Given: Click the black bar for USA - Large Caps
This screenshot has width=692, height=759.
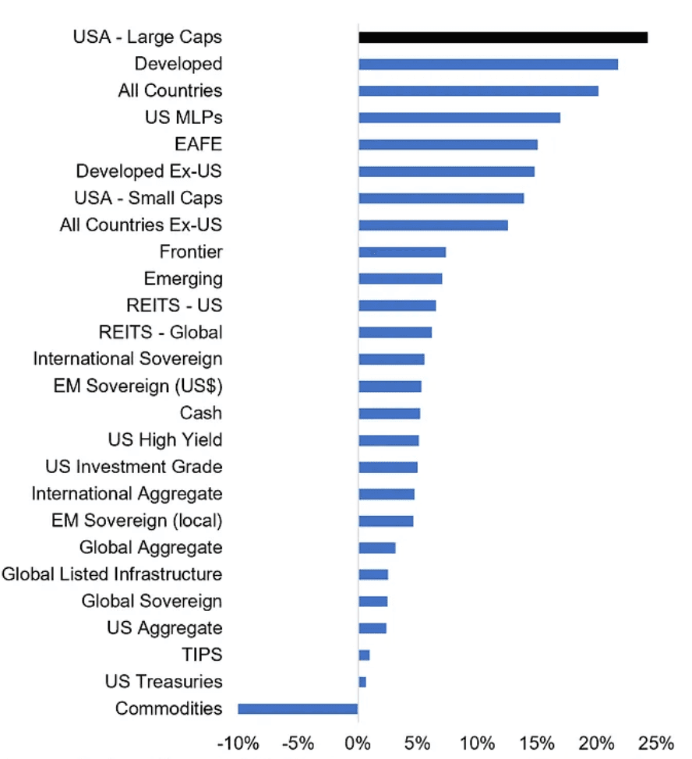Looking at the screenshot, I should click(x=503, y=37).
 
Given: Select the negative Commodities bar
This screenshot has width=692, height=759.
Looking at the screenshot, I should click(x=298, y=708).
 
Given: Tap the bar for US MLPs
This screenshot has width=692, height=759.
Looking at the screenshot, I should click(x=459, y=118).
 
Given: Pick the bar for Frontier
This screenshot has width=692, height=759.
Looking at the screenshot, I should click(x=402, y=252).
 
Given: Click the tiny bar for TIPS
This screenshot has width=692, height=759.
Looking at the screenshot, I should click(x=364, y=655).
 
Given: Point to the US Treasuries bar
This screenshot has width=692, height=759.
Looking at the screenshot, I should click(x=362, y=682).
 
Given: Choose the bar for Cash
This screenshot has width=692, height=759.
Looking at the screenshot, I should click(x=389, y=413).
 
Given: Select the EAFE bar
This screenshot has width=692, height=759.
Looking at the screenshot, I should click(x=448, y=144).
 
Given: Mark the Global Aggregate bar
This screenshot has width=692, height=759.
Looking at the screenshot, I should click(x=377, y=547).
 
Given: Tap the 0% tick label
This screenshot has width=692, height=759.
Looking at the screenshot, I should click(x=358, y=743).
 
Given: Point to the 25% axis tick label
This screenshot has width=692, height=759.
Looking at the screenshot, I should click(x=655, y=743).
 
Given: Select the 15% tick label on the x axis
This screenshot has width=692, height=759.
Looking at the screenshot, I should click(x=536, y=743).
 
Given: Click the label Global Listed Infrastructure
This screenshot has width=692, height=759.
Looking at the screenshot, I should click(x=111, y=574).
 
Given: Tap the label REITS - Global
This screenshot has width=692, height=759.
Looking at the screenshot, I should click(x=161, y=332).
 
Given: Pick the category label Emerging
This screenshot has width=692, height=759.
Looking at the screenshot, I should click(x=183, y=278).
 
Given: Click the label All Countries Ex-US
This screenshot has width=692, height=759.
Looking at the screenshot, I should click(x=141, y=225).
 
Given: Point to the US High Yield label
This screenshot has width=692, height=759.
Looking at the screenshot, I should click(x=165, y=440).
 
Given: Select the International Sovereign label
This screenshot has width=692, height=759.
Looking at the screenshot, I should click(x=128, y=359).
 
